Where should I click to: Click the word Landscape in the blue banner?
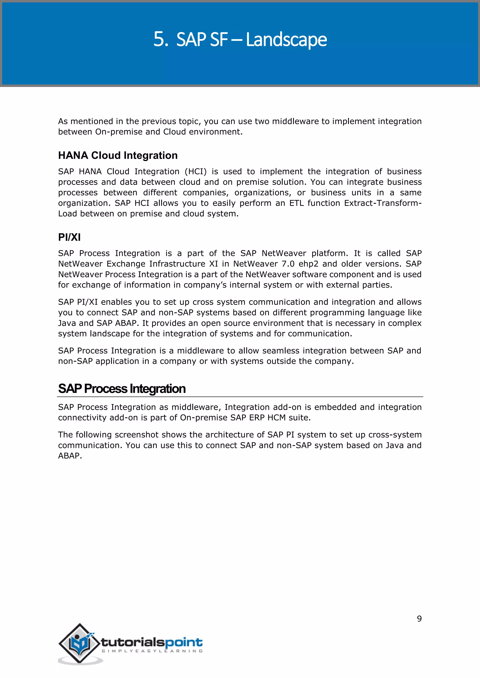tap(286, 40)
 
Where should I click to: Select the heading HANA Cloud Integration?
tap(118, 155)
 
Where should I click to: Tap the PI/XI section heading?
tap(69, 237)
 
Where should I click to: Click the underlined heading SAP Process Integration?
tap(122, 389)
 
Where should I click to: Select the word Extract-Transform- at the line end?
tap(382, 203)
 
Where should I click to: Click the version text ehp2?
tap(308, 264)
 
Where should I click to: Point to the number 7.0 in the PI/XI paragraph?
tap(288, 264)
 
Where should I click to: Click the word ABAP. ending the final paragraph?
tap(70, 456)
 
